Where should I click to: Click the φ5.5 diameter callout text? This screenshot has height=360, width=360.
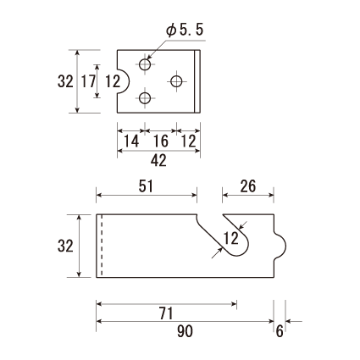tap(185, 30)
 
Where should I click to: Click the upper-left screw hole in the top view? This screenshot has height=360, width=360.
tap(145, 64)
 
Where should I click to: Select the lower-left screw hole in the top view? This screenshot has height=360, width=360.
tap(145, 98)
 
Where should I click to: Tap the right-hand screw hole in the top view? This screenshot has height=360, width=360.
tap(176, 81)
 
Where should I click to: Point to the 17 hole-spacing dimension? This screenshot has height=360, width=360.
tap(89, 81)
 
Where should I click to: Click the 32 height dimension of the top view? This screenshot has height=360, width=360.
tap(65, 81)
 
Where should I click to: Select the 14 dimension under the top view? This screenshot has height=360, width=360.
tap(131, 141)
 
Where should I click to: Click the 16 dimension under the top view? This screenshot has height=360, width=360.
tap(161, 141)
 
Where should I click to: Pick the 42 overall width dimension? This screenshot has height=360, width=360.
tap(158, 161)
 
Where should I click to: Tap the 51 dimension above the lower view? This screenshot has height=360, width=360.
tap(146, 186)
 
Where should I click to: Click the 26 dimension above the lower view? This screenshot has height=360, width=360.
tap(248, 186)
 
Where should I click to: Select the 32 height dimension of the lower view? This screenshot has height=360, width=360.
tap(65, 246)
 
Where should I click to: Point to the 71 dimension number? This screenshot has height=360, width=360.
tap(166, 313)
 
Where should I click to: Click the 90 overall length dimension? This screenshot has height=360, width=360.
tap(186, 331)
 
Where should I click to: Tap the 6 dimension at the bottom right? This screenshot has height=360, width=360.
tap(280, 331)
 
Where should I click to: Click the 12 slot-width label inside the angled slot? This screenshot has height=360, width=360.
tap(231, 238)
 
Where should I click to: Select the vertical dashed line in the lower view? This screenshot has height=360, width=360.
tap(102, 246)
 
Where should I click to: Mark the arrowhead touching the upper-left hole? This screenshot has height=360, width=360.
tap(150, 57)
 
